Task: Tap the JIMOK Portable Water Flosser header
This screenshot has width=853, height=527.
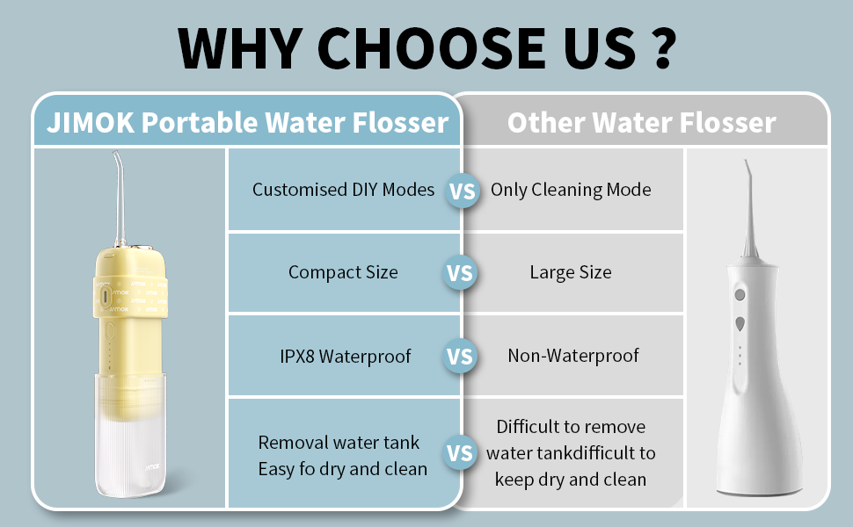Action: [248, 121]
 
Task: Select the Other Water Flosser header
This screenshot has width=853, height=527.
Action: [641, 122]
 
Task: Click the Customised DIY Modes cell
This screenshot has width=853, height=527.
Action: [343, 190]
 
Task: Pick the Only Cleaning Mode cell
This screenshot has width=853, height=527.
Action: [571, 190]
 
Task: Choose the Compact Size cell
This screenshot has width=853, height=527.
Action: [343, 272]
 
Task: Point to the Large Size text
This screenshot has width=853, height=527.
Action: [571, 272]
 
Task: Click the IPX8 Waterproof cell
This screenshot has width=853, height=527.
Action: [343, 356]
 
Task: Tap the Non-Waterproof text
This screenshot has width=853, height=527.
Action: [573, 356]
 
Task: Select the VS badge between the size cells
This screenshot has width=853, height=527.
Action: [460, 273]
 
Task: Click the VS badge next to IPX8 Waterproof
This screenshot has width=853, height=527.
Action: [460, 357]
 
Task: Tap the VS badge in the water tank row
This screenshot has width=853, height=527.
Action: [460, 452]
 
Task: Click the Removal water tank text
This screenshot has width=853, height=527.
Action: [339, 443]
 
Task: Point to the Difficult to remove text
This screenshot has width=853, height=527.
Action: [571, 427]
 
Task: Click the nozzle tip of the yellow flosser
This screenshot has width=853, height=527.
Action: [116, 157]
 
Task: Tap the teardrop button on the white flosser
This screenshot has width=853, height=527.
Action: [740, 324]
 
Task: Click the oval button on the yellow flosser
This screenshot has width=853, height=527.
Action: [106, 297]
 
